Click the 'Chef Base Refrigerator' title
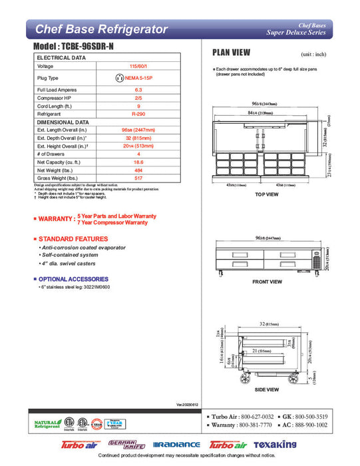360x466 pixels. tap(100, 29)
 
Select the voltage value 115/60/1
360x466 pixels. tap(138, 67)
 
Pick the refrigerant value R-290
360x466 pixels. tap(138, 114)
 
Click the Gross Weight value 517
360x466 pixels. tap(138, 178)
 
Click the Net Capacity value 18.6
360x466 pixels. tap(138, 162)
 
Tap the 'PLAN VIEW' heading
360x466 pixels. tap(231, 53)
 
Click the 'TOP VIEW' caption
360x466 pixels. tap(267, 194)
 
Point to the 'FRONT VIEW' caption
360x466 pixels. tap(267, 282)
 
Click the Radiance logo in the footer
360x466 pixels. tap(176, 445)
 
